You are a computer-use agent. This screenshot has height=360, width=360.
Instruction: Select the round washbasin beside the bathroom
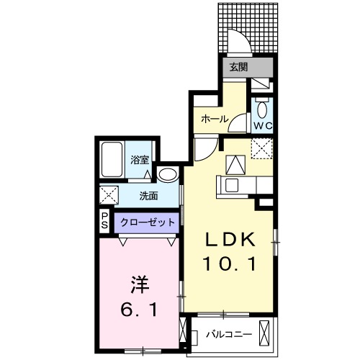tap(168, 174)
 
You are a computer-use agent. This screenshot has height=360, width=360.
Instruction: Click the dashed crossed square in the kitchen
tap(260, 149)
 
